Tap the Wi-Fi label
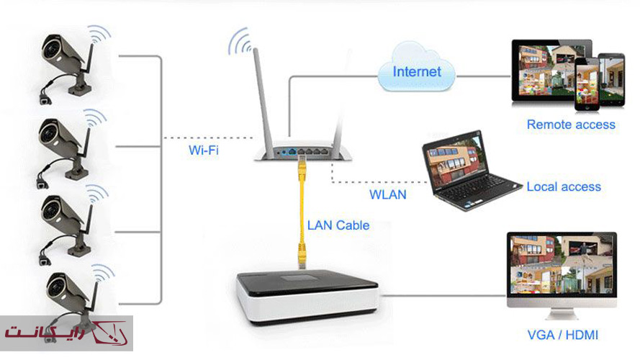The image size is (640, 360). [x=204, y=150]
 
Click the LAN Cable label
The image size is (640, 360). [x=338, y=225]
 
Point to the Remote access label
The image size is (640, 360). [x=571, y=125]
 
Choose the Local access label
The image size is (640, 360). [x=564, y=186]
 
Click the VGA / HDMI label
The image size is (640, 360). [x=562, y=335]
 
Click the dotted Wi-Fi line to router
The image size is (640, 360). [x=209, y=138]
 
